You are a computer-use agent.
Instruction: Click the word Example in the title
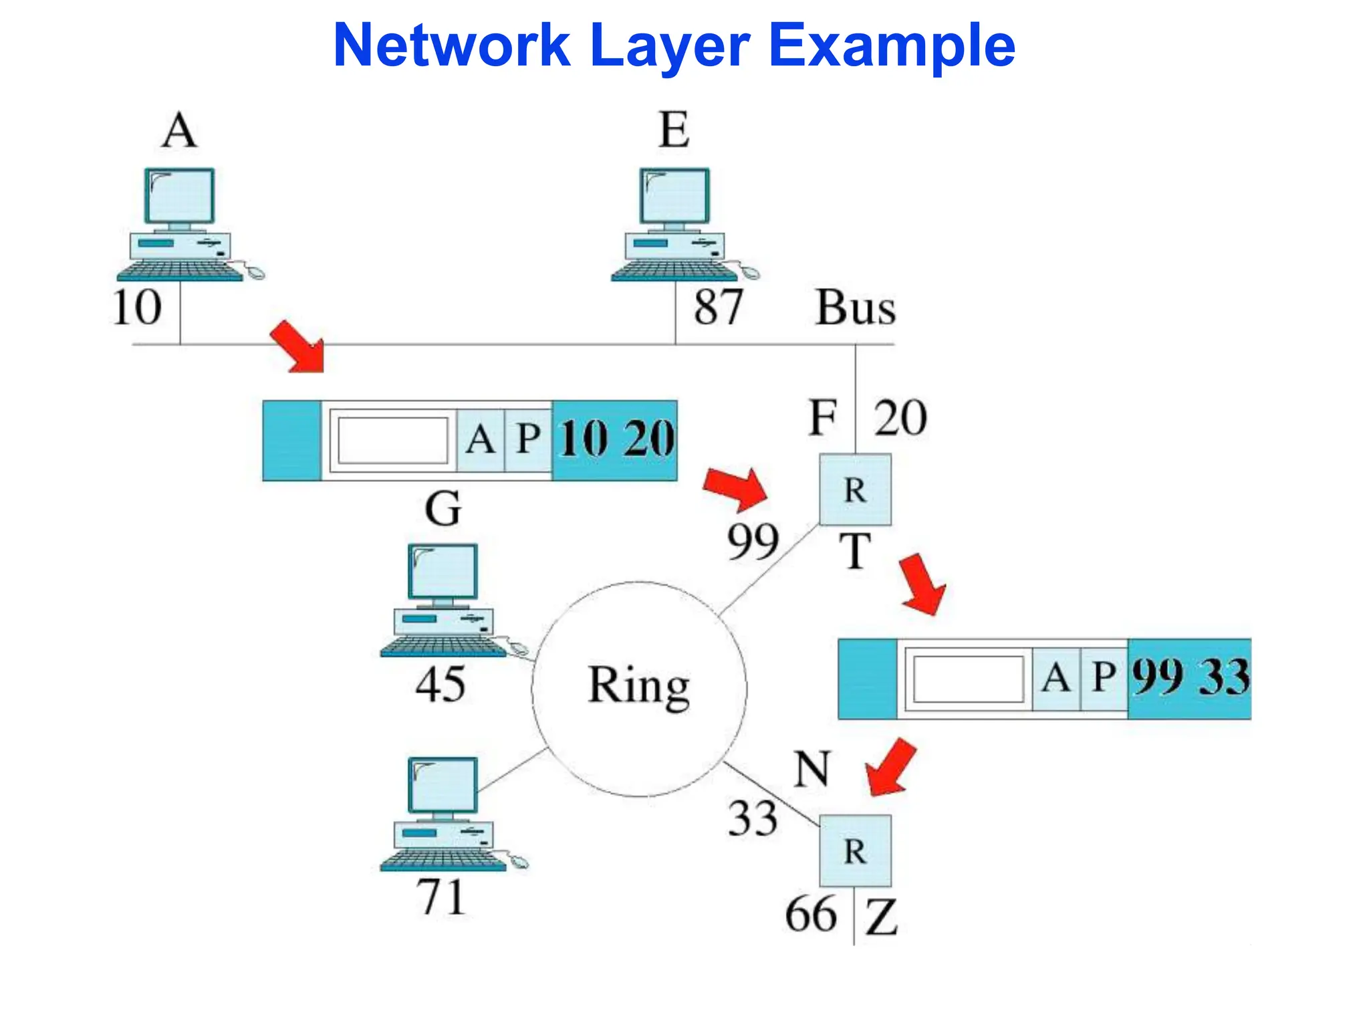[x=892, y=45]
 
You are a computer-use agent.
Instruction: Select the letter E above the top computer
[x=674, y=130]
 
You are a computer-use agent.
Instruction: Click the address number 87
[x=718, y=307]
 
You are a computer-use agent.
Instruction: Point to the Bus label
[x=855, y=308]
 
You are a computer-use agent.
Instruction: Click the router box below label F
[x=855, y=489]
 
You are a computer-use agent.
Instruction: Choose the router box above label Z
[x=855, y=850]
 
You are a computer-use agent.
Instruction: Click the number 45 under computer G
[x=440, y=685]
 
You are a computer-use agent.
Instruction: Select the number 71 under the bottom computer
[x=440, y=897]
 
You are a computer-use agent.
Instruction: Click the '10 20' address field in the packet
[x=615, y=440]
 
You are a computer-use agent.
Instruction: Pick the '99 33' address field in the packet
[x=1189, y=678]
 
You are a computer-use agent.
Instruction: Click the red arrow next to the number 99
[x=737, y=487]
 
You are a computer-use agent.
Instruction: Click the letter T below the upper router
[x=855, y=552]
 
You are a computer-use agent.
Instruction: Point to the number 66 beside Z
[x=810, y=915]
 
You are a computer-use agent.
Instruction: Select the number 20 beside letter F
[x=900, y=419]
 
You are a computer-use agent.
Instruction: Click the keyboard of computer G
[x=443, y=647]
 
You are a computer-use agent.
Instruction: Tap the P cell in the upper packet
[x=528, y=440]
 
